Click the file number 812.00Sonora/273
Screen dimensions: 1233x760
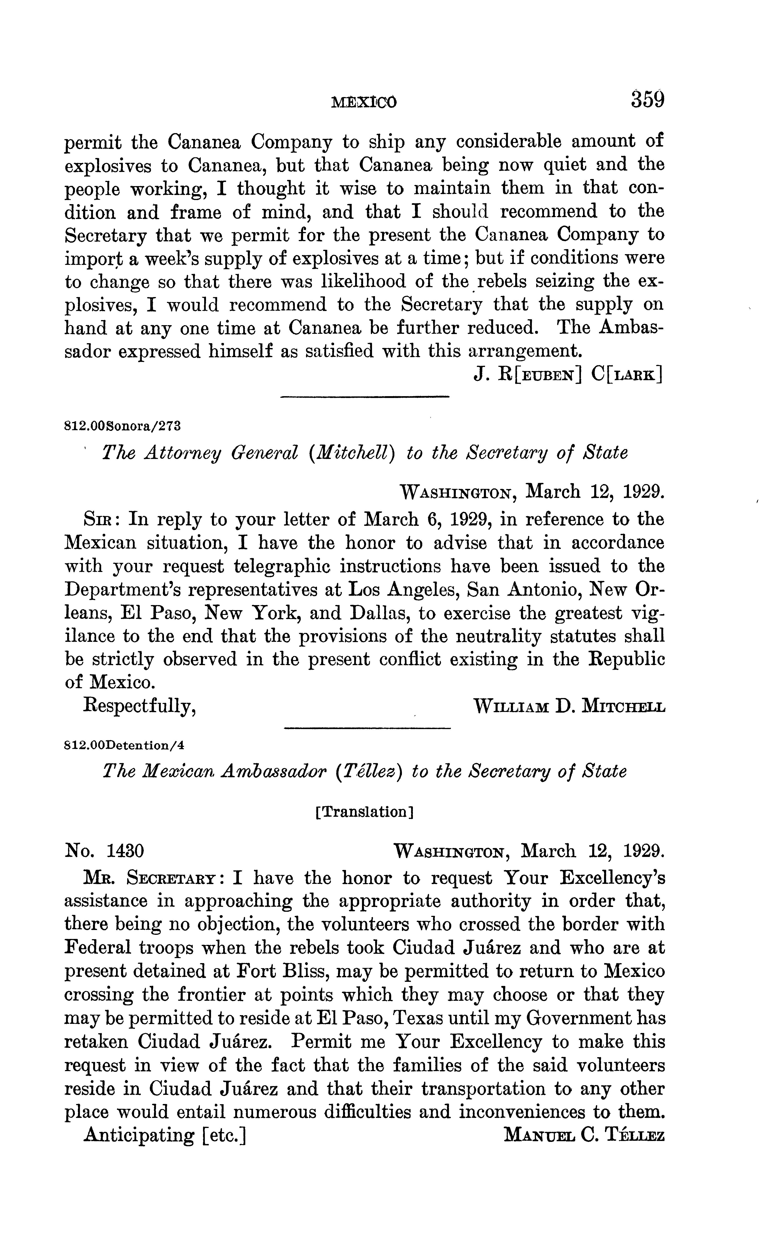[123, 426]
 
